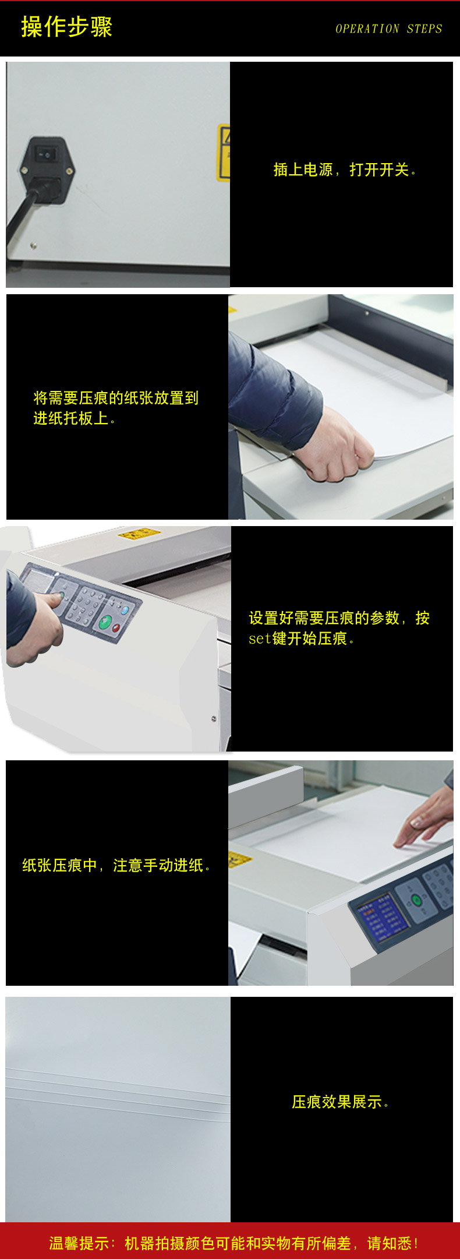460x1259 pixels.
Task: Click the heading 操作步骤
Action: pos(66,27)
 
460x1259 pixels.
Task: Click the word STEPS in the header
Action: pos(424,29)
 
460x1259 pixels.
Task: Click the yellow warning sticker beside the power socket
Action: pos(224,151)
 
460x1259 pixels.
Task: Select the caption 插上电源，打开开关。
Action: pos(345,170)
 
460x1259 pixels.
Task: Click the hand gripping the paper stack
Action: pos(334,446)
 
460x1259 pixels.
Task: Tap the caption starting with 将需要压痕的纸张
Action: pos(116,408)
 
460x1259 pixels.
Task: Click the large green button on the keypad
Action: pos(105,622)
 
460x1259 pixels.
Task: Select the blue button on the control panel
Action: pos(123,611)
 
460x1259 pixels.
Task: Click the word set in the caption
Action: pos(260,639)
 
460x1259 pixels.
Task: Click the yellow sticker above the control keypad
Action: pos(139,533)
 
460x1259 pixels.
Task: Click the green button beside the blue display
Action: pos(416,900)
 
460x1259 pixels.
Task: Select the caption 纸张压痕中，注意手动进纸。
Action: pos(116,866)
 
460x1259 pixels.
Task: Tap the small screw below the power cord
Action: pos(33,245)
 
